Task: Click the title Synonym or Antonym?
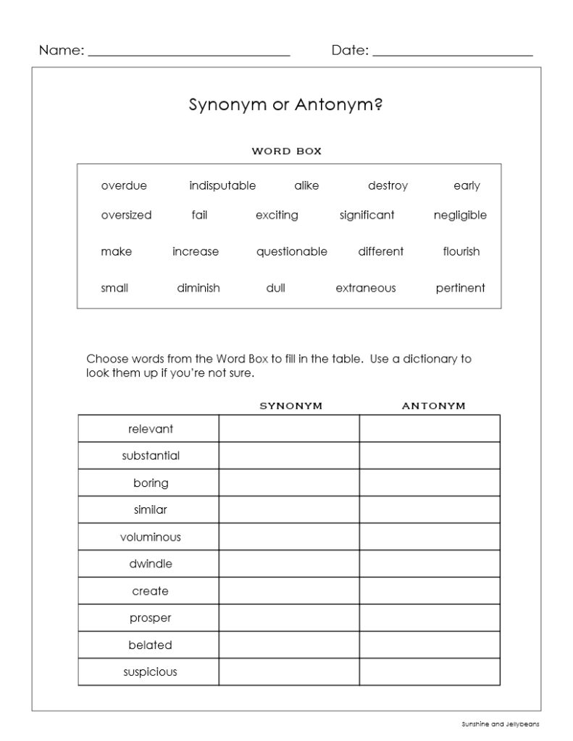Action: (x=286, y=105)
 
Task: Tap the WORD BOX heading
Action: (x=286, y=151)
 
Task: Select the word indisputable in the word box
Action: (x=222, y=186)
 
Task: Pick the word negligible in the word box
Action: (x=460, y=215)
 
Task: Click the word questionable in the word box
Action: (x=291, y=252)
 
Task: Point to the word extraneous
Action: (x=365, y=288)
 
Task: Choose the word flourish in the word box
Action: (x=461, y=252)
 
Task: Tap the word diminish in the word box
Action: (x=198, y=288)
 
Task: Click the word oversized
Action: (x=126, y=215)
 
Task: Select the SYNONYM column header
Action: (x=290, y=406)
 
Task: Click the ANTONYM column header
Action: (x=433, y=406)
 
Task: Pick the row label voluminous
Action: (x=150, y=537)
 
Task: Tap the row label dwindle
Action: (x=150, y=564)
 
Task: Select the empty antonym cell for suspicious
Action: (x=430, y=672)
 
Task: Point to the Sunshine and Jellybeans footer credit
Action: (x=500, y=723)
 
